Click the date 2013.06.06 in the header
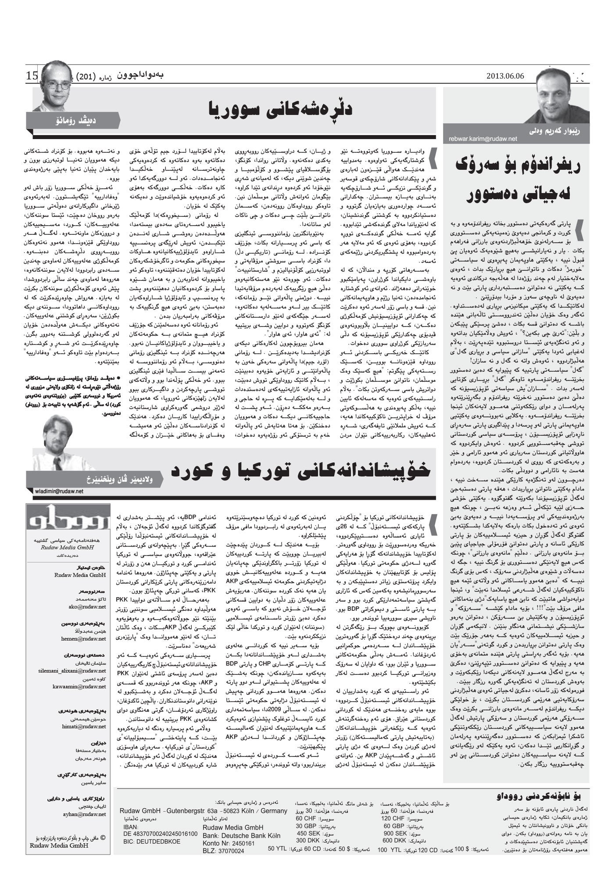coord(505,76)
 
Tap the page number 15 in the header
coord(32,75)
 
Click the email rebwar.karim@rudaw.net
coord(483,139)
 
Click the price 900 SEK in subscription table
coord(395,833)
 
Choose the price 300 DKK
coord(308,840)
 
